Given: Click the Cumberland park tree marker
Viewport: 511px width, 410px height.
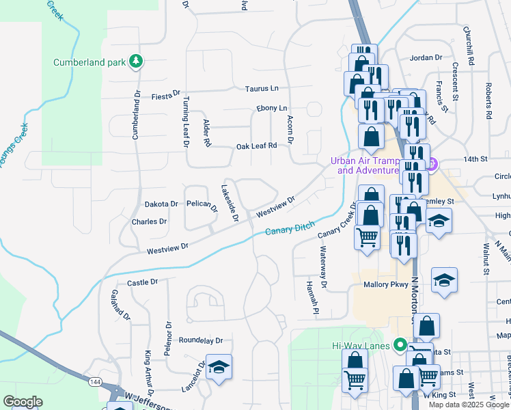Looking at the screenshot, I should [x=137, y=62].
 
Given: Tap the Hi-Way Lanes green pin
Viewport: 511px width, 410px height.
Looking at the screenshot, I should [x=402, y=346].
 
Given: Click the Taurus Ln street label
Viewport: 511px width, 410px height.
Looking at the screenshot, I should [x=262, y=89].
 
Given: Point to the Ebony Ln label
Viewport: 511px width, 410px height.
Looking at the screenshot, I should [x=272, y=108].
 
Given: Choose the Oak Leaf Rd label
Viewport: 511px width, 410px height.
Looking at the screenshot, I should [x=256, y=146].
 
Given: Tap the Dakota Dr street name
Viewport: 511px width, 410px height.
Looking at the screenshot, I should [x=161, y=204].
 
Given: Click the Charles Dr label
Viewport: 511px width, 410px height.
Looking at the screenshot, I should [x=149, y=221].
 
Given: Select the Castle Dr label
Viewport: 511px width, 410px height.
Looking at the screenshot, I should [x=142, y=282].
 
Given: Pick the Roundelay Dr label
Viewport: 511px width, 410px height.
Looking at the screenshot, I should [x=201, y=340].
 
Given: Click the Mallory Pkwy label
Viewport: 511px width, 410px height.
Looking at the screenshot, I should [x=385, y=284].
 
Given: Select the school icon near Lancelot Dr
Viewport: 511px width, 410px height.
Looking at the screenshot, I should [x=219, y=367].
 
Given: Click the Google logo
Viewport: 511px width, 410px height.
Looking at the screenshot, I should [x=23, y=402].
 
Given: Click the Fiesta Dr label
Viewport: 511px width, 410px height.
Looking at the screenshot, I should [x=165, y=95].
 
